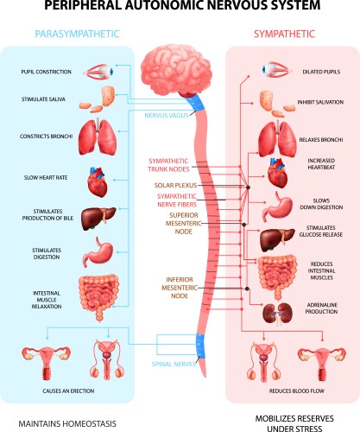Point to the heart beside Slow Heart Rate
(98, 182)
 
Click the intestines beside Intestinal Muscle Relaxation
(96, 294)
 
